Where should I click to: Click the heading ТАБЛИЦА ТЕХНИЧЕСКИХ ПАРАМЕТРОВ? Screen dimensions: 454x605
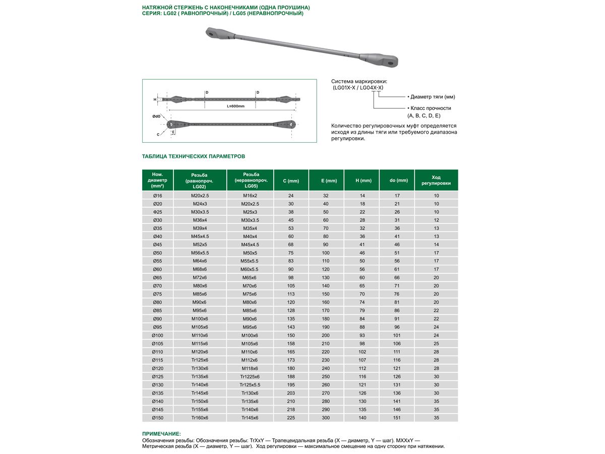click(194, 156)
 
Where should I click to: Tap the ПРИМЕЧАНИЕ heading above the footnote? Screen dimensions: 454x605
click(161, 433)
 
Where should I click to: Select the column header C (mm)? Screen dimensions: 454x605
click(291, 181)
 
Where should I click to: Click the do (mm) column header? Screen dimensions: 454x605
click(397, 181)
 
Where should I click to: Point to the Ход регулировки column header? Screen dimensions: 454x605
click(436, 181)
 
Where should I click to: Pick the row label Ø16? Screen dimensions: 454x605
click(158, 195)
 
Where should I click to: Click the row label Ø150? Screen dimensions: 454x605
click(158, 418)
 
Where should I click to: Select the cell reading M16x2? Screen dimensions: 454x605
click(250, 195)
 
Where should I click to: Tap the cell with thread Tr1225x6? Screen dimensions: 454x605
click(250, 376)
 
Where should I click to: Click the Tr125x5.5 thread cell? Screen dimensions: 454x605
click(250, 385)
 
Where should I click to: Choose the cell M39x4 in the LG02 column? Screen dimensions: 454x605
click(200, 228)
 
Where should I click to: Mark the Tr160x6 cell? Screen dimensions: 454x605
click(200, 418)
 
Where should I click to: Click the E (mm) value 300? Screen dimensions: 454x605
click(326, 418)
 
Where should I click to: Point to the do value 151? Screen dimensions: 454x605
click(397, 418)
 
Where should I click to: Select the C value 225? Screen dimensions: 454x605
click(291, 418)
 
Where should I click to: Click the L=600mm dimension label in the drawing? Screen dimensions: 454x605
click(235, 106)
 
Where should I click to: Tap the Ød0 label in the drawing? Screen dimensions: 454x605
click(156, 117)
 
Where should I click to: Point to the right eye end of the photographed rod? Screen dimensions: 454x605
click(389, 62)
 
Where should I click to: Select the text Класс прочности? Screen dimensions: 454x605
click(431, 108)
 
